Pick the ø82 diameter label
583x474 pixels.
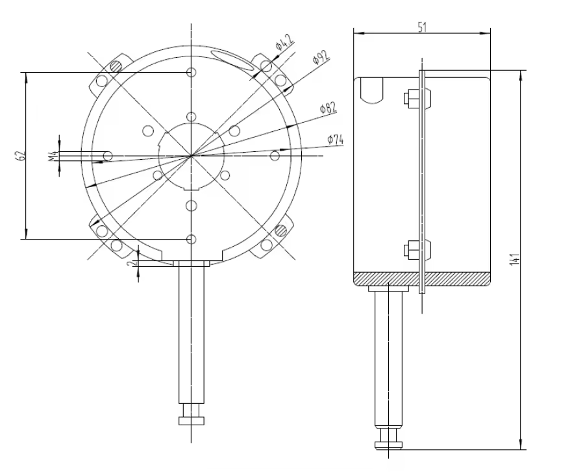pos(329,108)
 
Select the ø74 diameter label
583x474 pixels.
pos(335,139)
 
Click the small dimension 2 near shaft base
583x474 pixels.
pos(132,264)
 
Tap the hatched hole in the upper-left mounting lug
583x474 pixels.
pos(116,65)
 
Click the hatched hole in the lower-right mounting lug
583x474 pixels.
pos(281,230)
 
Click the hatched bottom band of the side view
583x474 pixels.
pos(422,278)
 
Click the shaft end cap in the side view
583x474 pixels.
pos(390,444)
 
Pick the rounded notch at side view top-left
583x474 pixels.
pos(372,90)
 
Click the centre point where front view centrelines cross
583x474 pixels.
pos(191,155)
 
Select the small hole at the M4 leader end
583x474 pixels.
pos(108,156)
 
